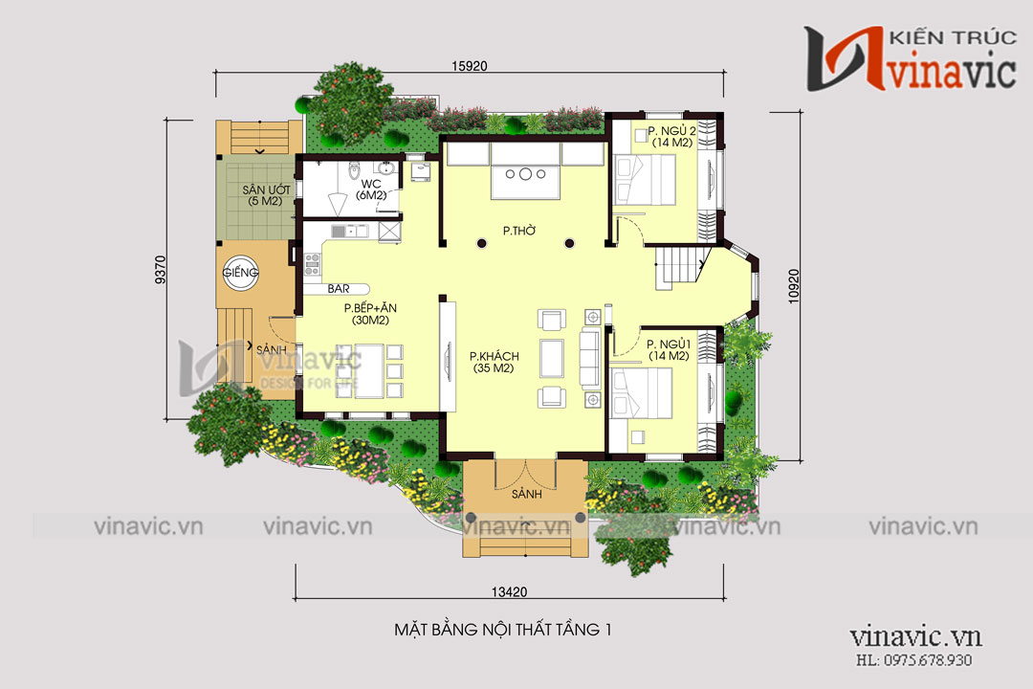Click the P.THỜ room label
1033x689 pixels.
519,231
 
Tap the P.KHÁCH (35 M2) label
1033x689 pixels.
495,362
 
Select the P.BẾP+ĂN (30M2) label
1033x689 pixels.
370,314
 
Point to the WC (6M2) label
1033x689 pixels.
371,189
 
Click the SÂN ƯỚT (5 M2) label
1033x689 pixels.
266,195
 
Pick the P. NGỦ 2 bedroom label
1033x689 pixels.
671,137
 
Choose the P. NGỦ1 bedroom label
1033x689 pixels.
668,350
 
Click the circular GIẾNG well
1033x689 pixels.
240,273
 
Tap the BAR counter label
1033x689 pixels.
339,289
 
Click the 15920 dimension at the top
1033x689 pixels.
469,66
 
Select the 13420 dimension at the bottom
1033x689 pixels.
509,592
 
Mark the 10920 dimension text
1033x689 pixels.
794,286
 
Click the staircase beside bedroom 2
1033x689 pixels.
682,266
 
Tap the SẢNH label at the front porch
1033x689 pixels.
526,494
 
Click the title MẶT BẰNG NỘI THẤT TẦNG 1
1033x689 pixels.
503,630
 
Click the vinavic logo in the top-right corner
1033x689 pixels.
910,58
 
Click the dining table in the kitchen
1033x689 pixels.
369,371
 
